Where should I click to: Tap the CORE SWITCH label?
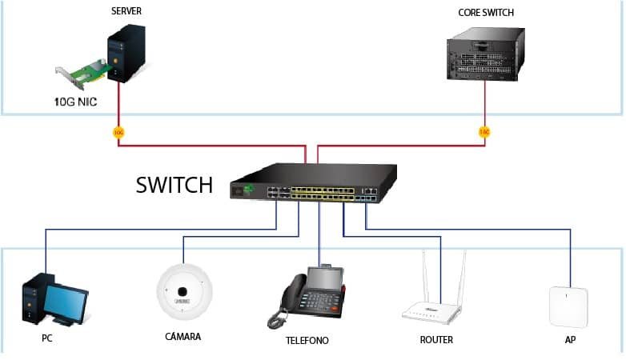click(485, 13)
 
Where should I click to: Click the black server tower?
click(126, 52)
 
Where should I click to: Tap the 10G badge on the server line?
click(118, 132)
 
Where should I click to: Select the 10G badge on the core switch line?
click(484, 132)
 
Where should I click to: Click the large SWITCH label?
click(175, 185)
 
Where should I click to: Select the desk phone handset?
click(291, 298)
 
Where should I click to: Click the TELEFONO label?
click(307, 341)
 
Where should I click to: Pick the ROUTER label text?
click(436, 340)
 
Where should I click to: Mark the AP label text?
click(570, 340)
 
